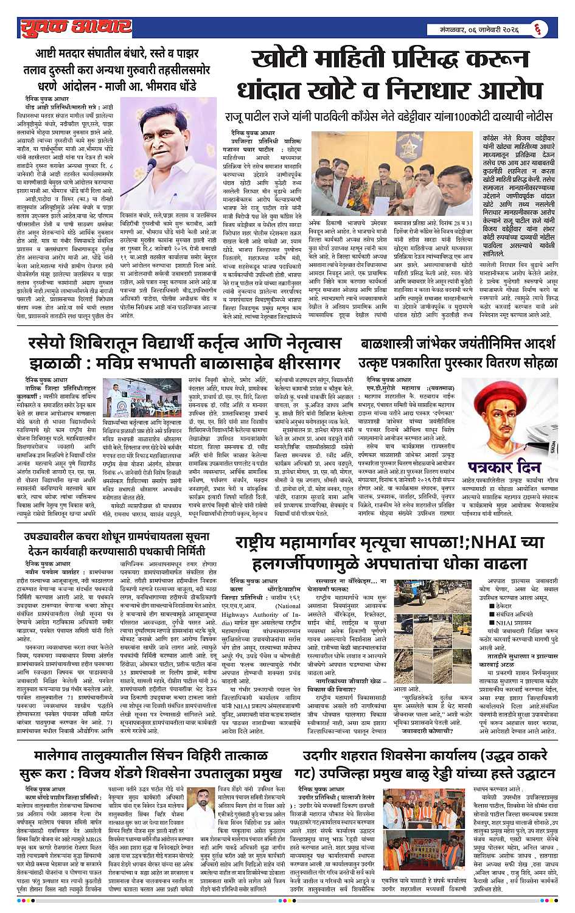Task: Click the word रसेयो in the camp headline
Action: coord(51,344)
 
